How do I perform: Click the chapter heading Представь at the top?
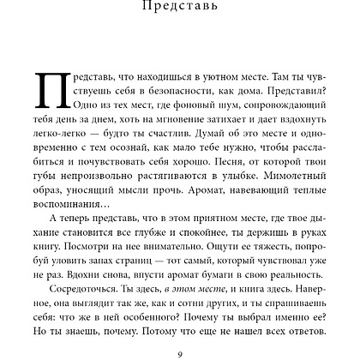[x=180, y=9]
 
